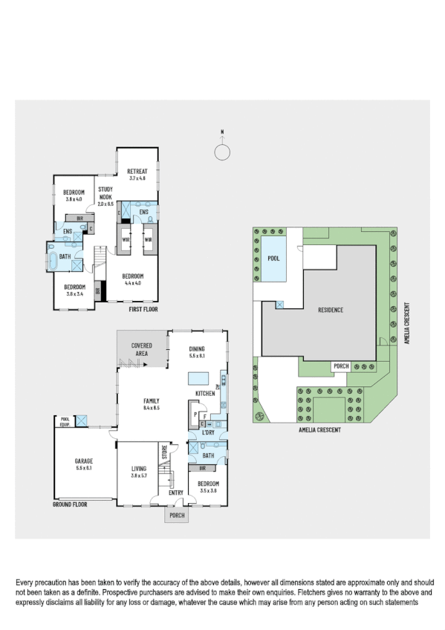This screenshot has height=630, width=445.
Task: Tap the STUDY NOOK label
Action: coord(105,189)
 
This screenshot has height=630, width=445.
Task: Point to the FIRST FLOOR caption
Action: coord(143,309)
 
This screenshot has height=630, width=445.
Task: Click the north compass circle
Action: coord(221,152)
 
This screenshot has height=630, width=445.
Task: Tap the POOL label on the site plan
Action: coord(273,259)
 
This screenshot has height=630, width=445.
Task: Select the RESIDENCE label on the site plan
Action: coord(331,310)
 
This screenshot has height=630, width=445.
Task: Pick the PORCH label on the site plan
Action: coord(341,366)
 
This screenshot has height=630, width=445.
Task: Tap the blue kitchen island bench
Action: coord(204,378)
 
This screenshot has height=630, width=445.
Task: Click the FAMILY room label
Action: coord(152,400)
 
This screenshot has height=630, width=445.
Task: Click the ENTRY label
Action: coord(175,492)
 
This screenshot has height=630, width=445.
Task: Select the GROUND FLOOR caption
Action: coord(70,504)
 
